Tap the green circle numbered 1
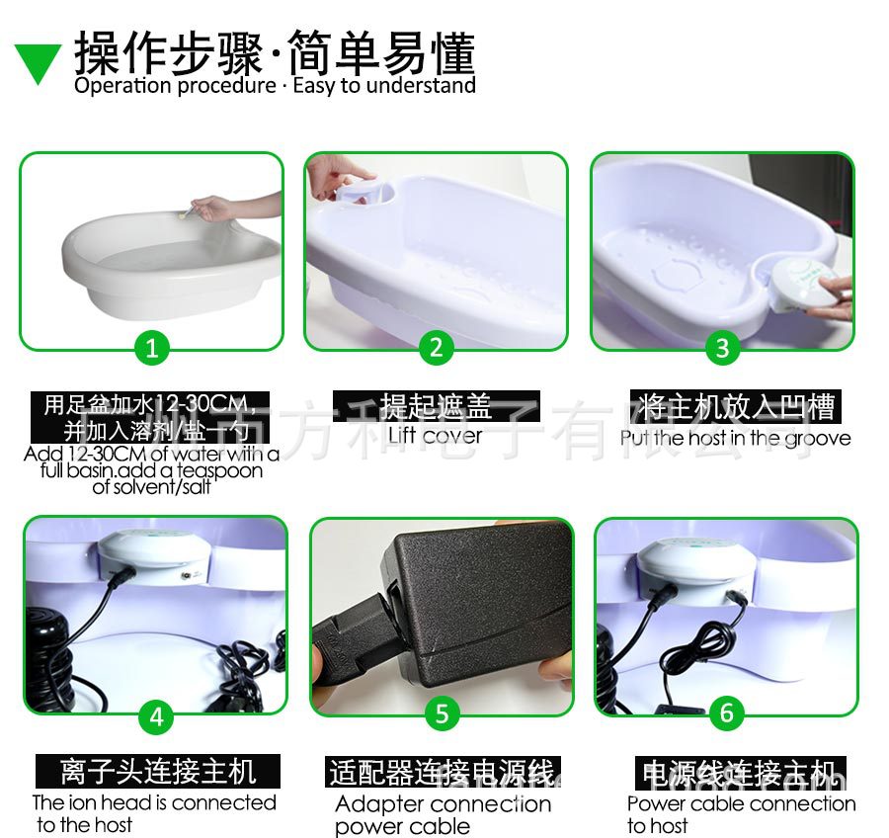coord(151,347)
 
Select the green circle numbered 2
coord(436,347)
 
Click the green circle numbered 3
coord(722,347)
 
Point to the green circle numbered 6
coord(727,712)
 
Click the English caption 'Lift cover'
coord(435,435)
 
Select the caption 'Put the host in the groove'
coord(735,437)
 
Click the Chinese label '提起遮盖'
coord(436,406)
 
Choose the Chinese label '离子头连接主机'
coord(158,771)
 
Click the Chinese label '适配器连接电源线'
coord(443,772)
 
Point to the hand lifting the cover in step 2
coord(341,177)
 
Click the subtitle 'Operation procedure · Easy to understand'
coord(275,86)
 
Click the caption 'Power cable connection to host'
coord(741,814)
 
